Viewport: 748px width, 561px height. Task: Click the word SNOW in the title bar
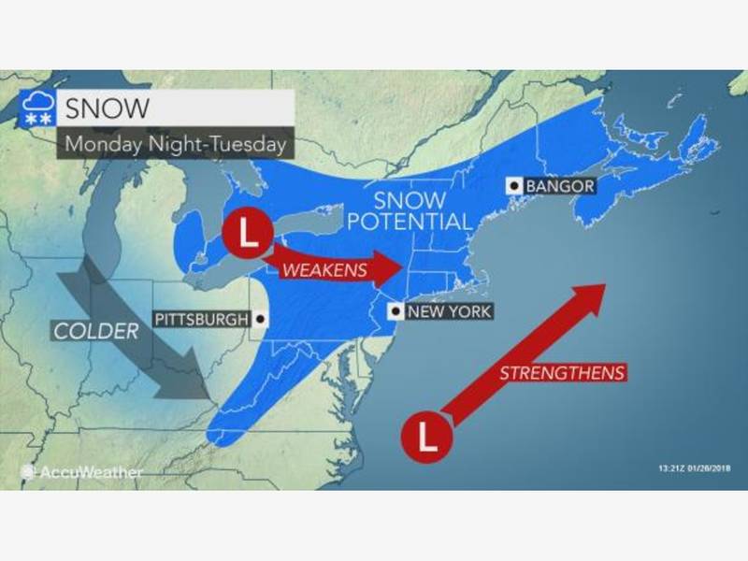coord(106,108)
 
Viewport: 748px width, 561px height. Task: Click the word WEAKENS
coord(317,269)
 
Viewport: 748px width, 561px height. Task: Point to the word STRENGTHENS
coord(561,372)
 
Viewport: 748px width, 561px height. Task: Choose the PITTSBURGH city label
coord(203,319)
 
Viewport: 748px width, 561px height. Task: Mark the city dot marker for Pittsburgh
coord(259,319)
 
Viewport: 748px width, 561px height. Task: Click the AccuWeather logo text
coord(90,473)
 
